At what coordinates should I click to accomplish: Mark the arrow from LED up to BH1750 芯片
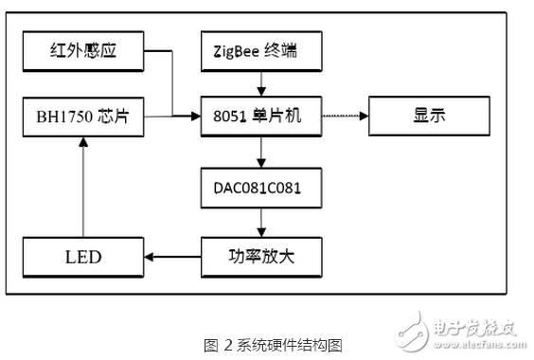[x=82, y=185]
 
